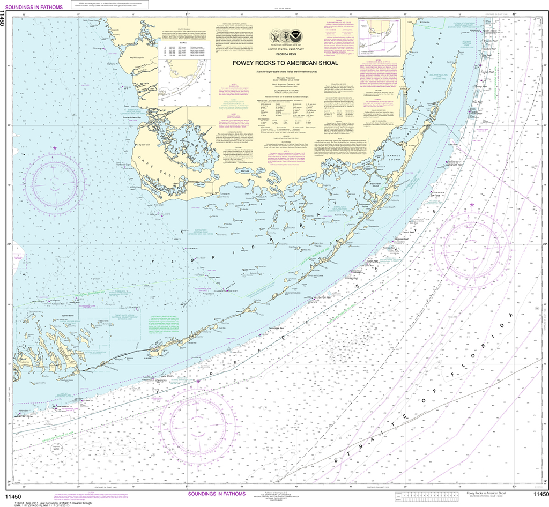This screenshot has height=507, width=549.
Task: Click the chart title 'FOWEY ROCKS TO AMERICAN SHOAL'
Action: [285, 63]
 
